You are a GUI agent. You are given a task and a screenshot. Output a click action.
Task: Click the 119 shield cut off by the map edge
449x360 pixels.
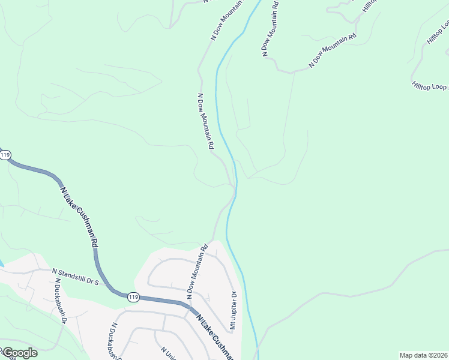click(x=5, y=155)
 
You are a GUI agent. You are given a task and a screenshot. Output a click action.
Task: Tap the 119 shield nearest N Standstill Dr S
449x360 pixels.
click(x=133, y=296)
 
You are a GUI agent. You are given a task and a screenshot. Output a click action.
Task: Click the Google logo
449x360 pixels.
click(x=20, y=353)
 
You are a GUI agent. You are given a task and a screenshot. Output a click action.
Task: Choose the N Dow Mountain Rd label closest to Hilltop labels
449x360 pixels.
click(x=333, y=49)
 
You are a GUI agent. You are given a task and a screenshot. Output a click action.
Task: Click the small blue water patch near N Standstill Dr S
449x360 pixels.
click(x=2, y=263)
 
